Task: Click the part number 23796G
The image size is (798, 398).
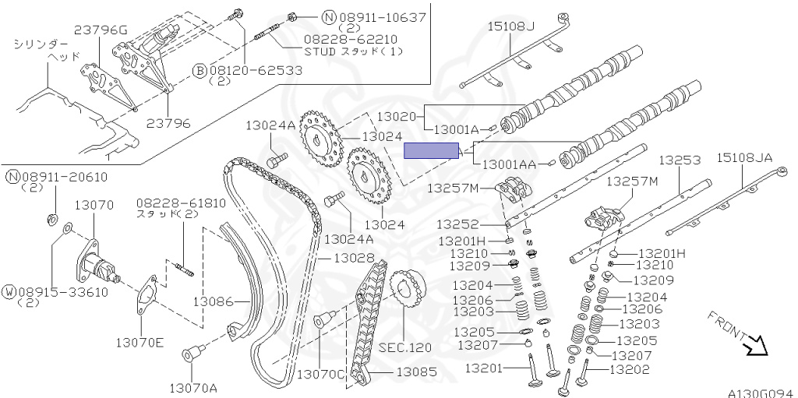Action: click(101, 30)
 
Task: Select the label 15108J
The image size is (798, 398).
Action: click(511, 26)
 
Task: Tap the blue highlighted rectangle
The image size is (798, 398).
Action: click(433, 151)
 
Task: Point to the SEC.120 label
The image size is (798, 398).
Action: click(404, 347)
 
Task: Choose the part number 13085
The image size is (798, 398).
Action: click(416, 372)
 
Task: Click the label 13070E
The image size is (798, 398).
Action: click(141, 341)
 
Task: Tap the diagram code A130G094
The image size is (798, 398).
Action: click(760, 393)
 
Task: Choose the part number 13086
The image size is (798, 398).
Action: click(214, 300)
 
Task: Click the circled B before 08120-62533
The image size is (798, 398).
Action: click(200, 70)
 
